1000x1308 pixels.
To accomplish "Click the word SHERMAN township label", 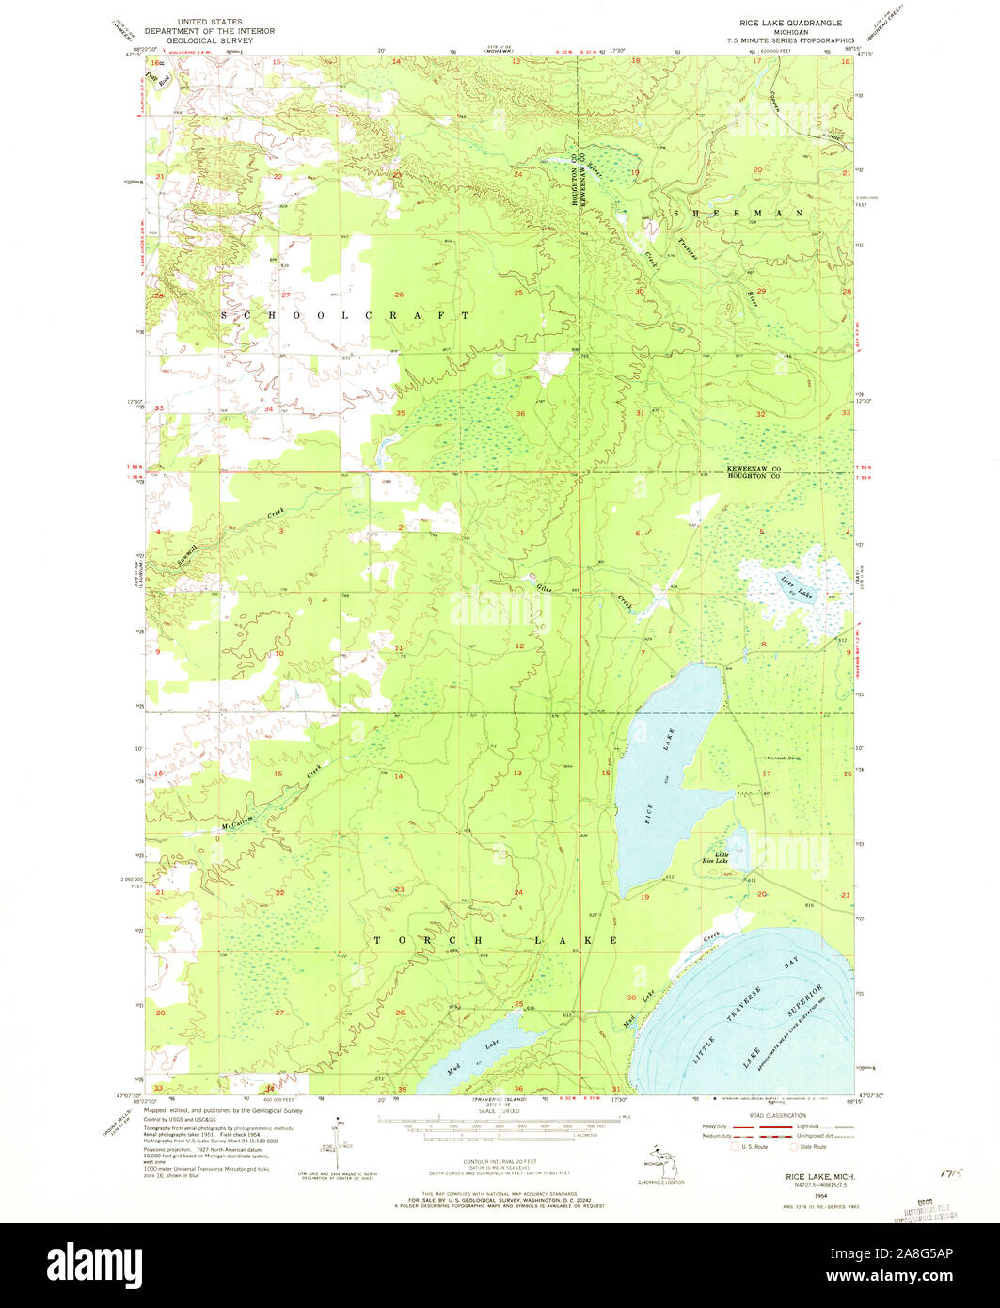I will coord(738,214).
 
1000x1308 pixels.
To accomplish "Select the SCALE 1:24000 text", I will coord(500,1111).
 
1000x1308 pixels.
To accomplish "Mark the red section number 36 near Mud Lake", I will coord(518,1088).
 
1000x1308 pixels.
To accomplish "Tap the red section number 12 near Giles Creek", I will coord(518,646).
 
